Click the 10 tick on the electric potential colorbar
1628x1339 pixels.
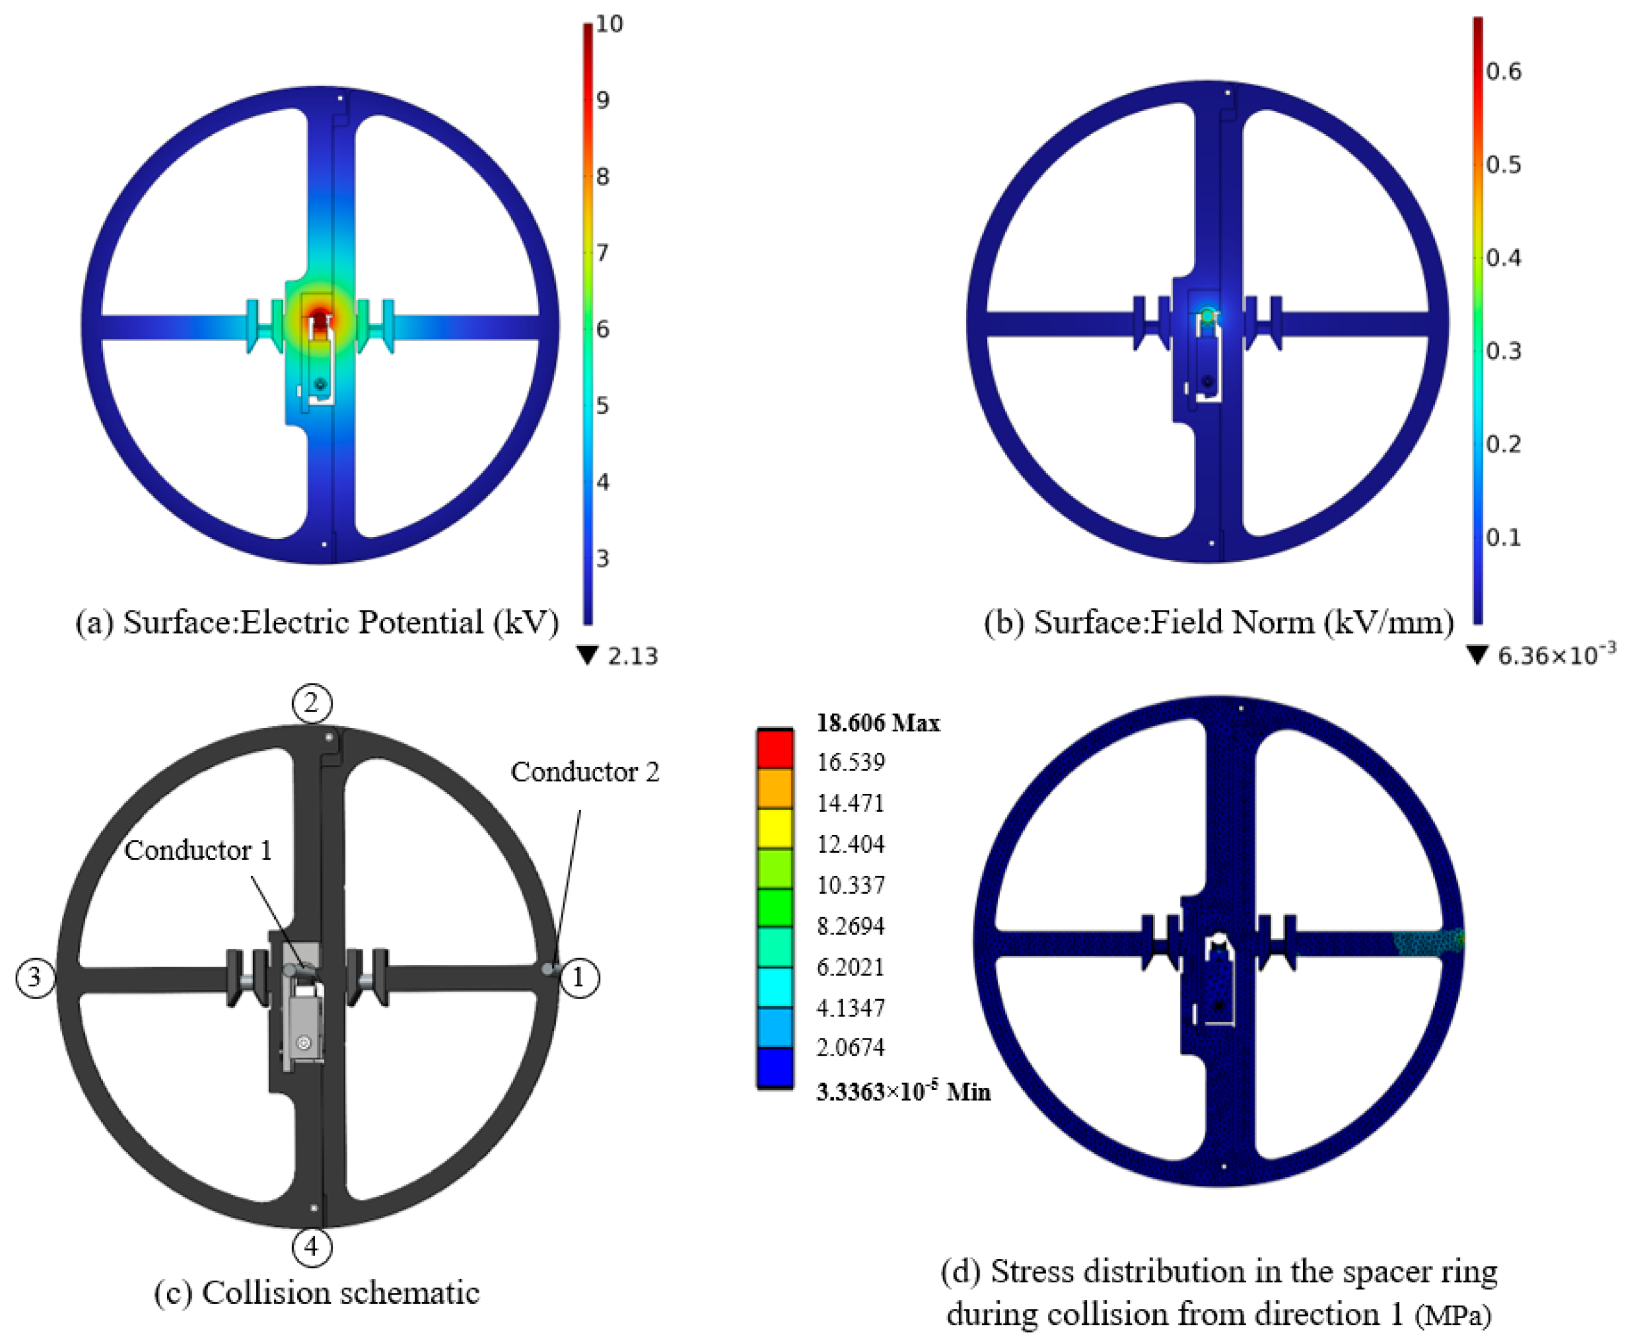tap(610, 24)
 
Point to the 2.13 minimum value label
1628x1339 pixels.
tap(633, 656)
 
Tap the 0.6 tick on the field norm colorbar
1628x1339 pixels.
tap(1504, 72)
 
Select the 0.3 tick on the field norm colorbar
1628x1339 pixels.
tap(1504, 351)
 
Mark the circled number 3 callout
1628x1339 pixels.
tap(35, 977)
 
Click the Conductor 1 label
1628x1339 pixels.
tap(198, 850)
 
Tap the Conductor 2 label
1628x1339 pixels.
tap(585, 771)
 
